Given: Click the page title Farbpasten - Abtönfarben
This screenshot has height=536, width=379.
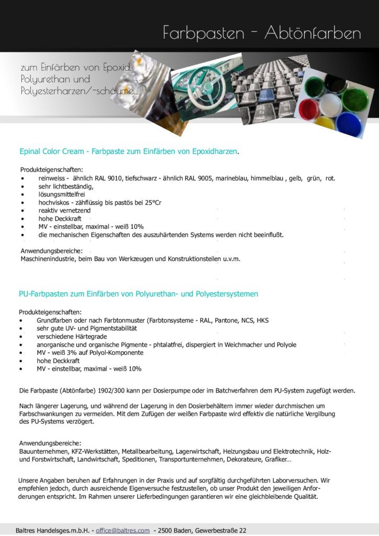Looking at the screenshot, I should (262, 33).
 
